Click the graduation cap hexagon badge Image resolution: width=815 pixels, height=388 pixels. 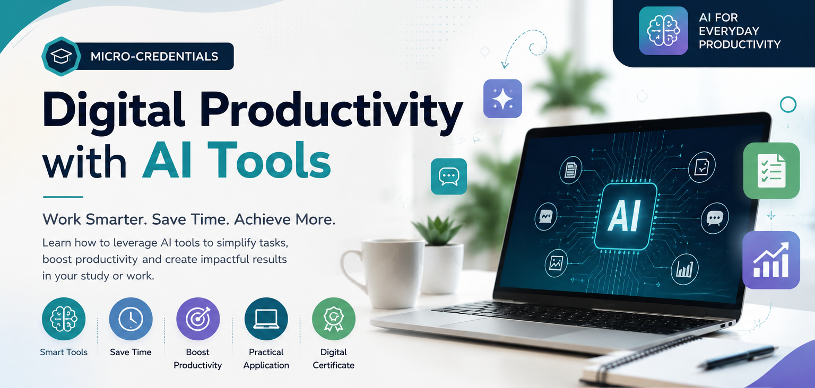61,56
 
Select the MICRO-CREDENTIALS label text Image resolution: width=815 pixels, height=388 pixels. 154,56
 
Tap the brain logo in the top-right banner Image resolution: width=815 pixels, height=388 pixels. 663,31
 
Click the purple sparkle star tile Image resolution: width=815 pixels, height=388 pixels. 502,99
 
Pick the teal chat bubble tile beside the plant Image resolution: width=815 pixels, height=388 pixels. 448,176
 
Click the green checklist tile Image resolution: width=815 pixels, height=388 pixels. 771,170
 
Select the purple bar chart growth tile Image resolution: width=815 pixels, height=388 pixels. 771,260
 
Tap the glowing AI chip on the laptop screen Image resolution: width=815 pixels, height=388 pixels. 626,217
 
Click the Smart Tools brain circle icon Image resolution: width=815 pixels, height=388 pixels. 64,319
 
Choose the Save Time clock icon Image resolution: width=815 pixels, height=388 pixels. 131,319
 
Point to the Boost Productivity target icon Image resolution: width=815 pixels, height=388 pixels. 198,319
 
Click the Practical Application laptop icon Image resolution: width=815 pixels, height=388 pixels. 266,319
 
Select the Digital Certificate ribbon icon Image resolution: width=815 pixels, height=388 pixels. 334,319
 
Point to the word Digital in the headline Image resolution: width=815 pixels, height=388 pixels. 113,110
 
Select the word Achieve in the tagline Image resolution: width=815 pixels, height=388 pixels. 263,219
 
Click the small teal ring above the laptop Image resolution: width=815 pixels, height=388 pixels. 788,104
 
